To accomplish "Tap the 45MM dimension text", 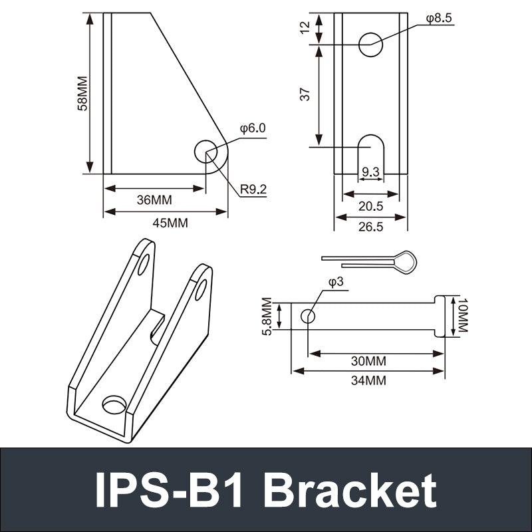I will pyautogui.click(x=170, y=223).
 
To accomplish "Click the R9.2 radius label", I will pyautogui.click(x=253, y=190).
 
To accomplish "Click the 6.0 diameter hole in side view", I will pyautogui.click(x=205, y=152).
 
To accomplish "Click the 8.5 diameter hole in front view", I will pyautogui.click(x=370, y=44).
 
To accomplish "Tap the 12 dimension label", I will pyautogui.click(x=305, y=28).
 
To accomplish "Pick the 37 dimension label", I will pyautogui.click(x=305, y=94).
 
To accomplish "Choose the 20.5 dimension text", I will pyautogui.click(x=370, y=206).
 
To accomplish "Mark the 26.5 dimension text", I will pyautogui.click(x=370, y=227).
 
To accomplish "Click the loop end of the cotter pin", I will pyautogui.click(x=405, y=262).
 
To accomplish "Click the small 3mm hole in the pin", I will pyautogui.click(x=307, y=316).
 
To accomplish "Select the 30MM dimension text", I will pyautogui.click(x=368, y=361).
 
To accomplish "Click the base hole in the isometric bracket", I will pyautogui.click(x=114, y=404).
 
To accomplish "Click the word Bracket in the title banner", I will pyautogui.click(x=350, y=491).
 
